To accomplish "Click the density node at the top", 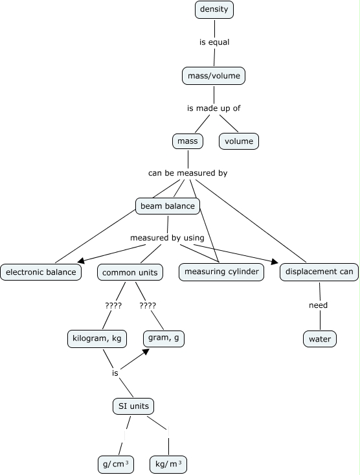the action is (214, 10).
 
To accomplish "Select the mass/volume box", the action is (214, 76).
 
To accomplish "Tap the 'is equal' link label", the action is (214, 42).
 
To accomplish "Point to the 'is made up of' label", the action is (214, 108).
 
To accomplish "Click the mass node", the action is (188, 141).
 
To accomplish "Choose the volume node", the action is (239, 141).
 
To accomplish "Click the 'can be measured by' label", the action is (188, 173).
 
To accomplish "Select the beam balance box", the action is (168, 206).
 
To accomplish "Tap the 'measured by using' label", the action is (167, 238).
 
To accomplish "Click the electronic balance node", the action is (41, 272).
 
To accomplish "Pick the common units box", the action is (130, 272).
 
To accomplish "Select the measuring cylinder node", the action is (221, 272).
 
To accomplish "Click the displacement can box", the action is (319, 272).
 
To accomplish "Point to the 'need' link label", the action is (318, 305).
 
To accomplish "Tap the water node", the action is (320, 339).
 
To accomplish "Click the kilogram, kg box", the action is (97, 338).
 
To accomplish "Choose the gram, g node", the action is (164, 338).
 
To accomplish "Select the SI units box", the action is (133, 406).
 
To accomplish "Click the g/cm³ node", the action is (116, 465).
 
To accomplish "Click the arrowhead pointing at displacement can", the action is (275, 261).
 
